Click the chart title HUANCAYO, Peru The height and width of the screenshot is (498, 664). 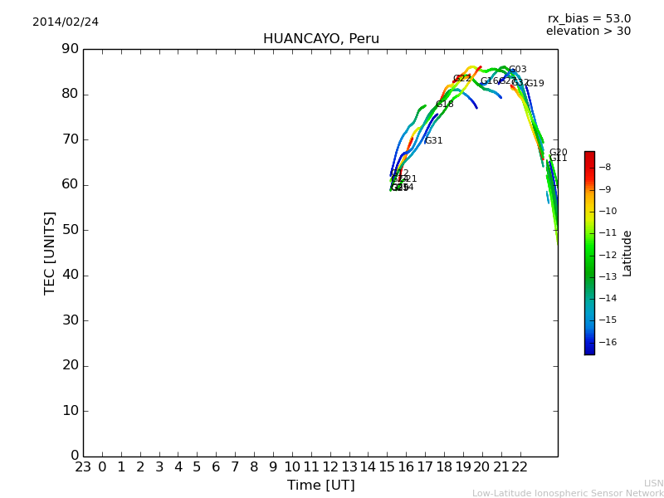point(321,39)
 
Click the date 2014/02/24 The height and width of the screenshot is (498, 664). point(66,22)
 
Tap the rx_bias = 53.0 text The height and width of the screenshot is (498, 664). point(589,18)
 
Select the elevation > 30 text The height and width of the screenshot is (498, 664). point(588,32)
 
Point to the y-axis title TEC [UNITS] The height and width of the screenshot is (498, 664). point(50,252)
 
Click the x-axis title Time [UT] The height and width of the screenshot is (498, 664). point(320,486)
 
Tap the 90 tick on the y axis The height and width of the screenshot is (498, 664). point(70,49)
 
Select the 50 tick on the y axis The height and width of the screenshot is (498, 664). point(70,230)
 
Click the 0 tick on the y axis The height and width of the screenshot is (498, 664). point(74,456)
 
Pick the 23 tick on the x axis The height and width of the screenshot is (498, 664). point(83,467)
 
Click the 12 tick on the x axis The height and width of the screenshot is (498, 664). point(330,467)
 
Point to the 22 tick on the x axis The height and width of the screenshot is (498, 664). point(520,467)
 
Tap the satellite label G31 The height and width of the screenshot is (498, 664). point(433,141)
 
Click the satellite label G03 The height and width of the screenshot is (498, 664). point(518,70)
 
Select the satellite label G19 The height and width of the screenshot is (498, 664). point(535,84)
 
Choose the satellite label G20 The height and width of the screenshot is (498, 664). point(559,153)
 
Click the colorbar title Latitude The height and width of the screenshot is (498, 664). point(627,253)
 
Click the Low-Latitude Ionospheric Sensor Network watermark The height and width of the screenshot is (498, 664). point(568,494)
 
